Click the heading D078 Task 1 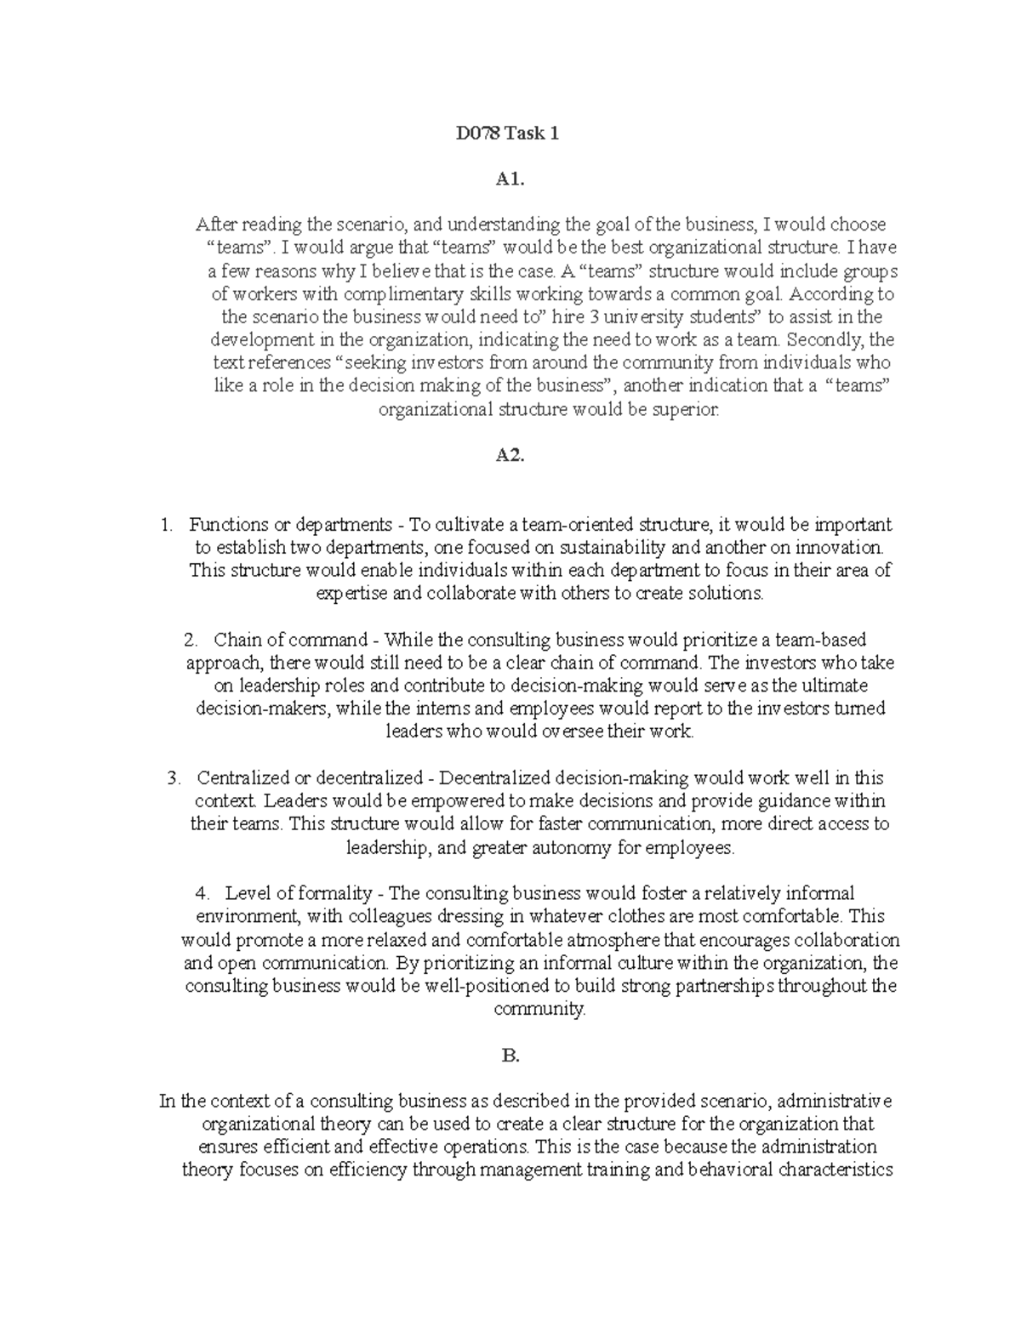coord(510,134)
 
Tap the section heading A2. coord(510,455)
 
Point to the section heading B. coord(510,1056)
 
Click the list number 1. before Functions coord(168,525)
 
